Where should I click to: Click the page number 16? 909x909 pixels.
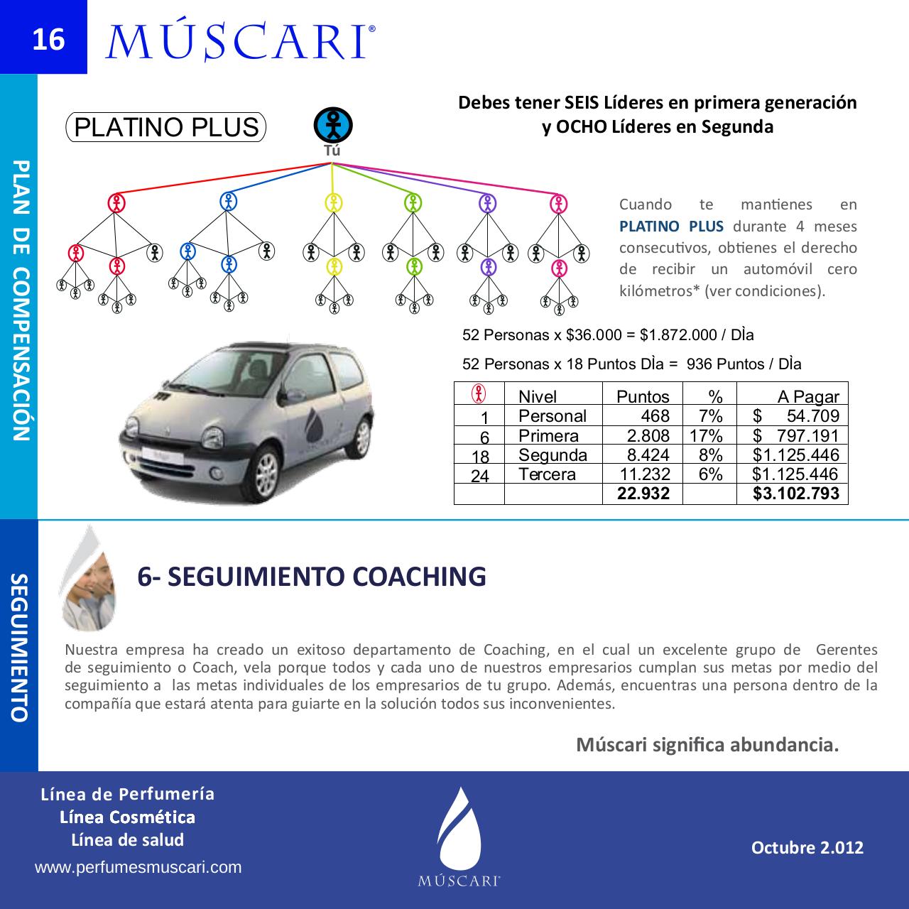[48, 39]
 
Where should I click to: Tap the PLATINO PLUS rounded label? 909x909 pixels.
[166, 128]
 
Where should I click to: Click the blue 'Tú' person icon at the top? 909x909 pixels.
[333, 125]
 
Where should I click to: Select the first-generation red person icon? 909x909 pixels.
[116, 203]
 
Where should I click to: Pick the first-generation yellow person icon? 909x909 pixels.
[334, 203]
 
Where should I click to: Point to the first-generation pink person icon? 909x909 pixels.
[559, 205]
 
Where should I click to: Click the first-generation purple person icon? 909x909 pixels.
[486, 203]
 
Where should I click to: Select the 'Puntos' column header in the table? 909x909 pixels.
[642, 396]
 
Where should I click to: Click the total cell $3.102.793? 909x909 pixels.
[795, 494]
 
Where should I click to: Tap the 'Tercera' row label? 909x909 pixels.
[547, 474]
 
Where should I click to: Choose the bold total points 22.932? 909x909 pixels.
[643, 494]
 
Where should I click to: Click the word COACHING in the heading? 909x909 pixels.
[419, 577]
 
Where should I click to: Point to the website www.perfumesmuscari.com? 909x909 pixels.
[138, 867]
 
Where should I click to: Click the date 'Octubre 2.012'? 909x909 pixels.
[807, 847]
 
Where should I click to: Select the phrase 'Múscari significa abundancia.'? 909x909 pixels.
[707, 745]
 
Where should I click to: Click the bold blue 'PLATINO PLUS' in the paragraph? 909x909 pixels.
[671, 227]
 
